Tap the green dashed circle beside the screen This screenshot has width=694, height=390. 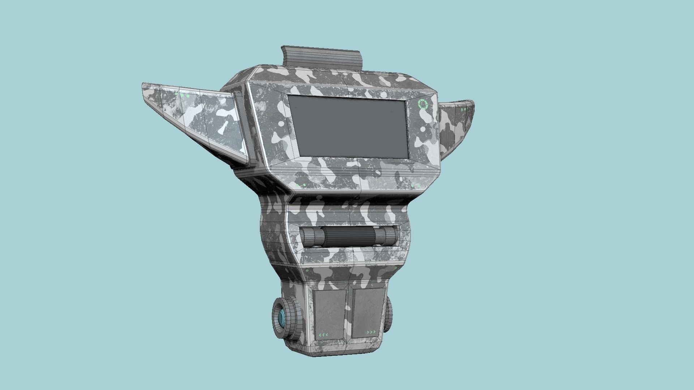[x=422, y=104]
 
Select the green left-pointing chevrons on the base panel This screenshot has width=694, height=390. [x=323, y=335]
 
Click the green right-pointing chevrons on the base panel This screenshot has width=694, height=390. [x=371, y=332]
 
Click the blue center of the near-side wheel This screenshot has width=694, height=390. [x=281, y=319]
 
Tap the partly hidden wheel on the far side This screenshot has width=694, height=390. [x=389, y=314]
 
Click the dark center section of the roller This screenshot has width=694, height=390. [x=350, y=237]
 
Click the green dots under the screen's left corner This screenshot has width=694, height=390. [x=301, y=185]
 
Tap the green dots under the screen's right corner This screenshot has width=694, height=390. [x=416, y=186]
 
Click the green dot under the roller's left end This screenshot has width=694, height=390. [x=307, y=270]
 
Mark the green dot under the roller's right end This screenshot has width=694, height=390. [x=395, y=268]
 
